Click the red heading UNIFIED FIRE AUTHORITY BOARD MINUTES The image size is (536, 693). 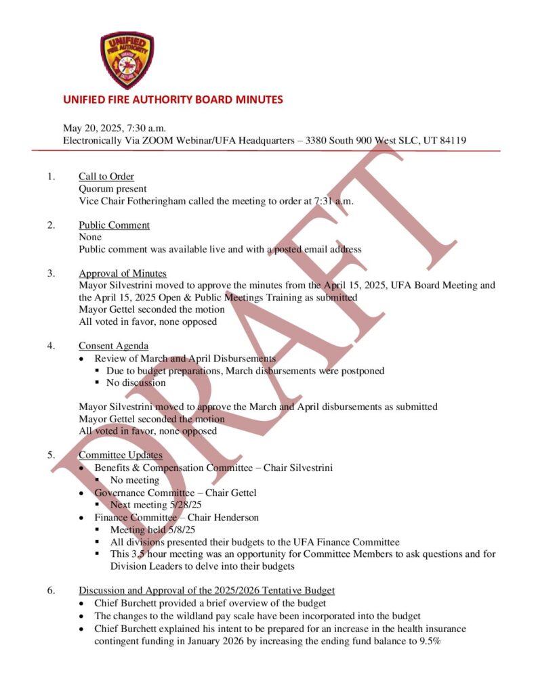(x=173, y=99)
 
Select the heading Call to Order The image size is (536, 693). (x=106, y=177)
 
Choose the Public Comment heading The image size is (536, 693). (x=114, y=225)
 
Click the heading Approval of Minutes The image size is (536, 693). (x=122, y=273)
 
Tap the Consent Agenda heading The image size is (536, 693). (x=113, y=346)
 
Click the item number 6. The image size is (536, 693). (x=51, y=590)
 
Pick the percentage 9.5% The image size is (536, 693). (x=428, y=641)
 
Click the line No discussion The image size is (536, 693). (x=136, y=382)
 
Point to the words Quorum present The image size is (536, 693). (x=112, y=189)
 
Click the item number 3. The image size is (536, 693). (x=51, y=273)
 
